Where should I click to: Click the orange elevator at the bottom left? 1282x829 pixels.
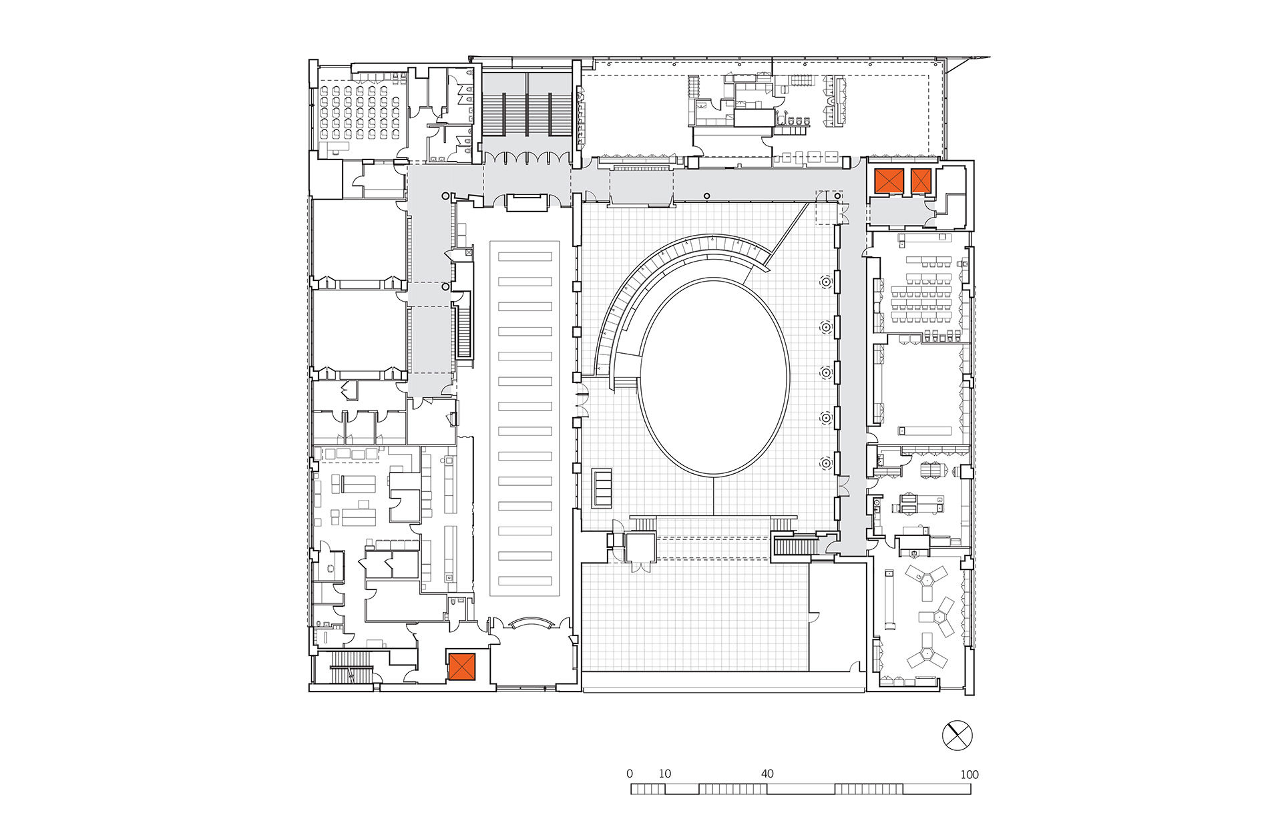[461, 666]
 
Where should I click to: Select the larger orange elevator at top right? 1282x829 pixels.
[889, 181]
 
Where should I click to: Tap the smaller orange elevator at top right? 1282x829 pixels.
[921, 181]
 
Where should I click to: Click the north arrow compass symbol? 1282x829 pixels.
[957, 736]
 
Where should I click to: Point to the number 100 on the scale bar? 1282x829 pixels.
[969, 775]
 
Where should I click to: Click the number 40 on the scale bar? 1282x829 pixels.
[767, 774]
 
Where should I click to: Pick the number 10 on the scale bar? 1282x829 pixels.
[665, 774]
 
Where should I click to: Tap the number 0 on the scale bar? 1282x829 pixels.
[630, 774]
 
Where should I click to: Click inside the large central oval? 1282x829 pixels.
[714, 377]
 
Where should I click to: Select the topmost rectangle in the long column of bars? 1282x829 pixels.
[525, 256]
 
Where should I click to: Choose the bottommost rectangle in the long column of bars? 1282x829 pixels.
[525, 581]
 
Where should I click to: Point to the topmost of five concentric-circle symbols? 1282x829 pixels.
[826, 282]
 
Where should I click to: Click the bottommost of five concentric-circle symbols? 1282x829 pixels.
[826, 463]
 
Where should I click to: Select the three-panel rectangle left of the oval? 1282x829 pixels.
[602, 489]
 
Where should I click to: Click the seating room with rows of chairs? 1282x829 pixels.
[361, 112]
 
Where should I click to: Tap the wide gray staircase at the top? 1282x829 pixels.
[526, 113]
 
